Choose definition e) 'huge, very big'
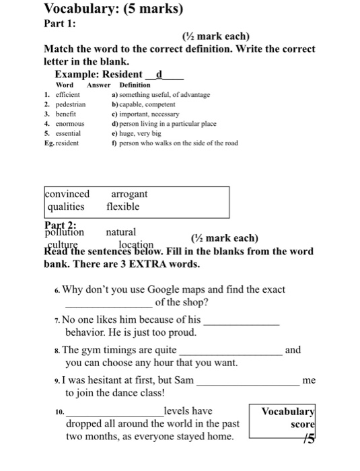point(138,133)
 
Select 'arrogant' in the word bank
point(129,194)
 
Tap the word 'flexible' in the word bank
point(123,207)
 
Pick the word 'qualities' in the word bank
point(66,207)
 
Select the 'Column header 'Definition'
point(135,85)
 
